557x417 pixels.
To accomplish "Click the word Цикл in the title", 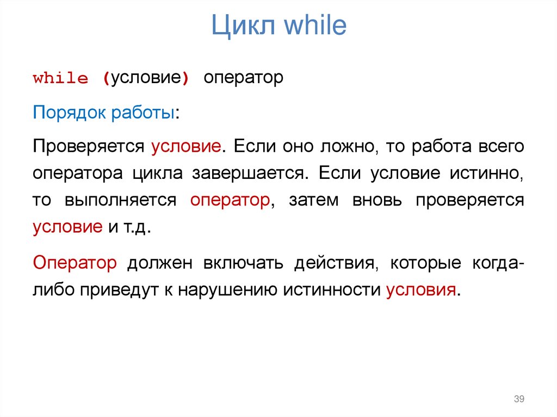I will pos(242,27).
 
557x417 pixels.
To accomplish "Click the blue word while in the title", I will pos(312,26).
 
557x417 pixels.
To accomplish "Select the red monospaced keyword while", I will pos(60,78).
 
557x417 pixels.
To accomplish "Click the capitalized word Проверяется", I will pos(88,146).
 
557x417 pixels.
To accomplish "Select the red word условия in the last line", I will pos(420,289).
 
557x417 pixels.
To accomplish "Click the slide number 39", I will pos(518,400).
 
